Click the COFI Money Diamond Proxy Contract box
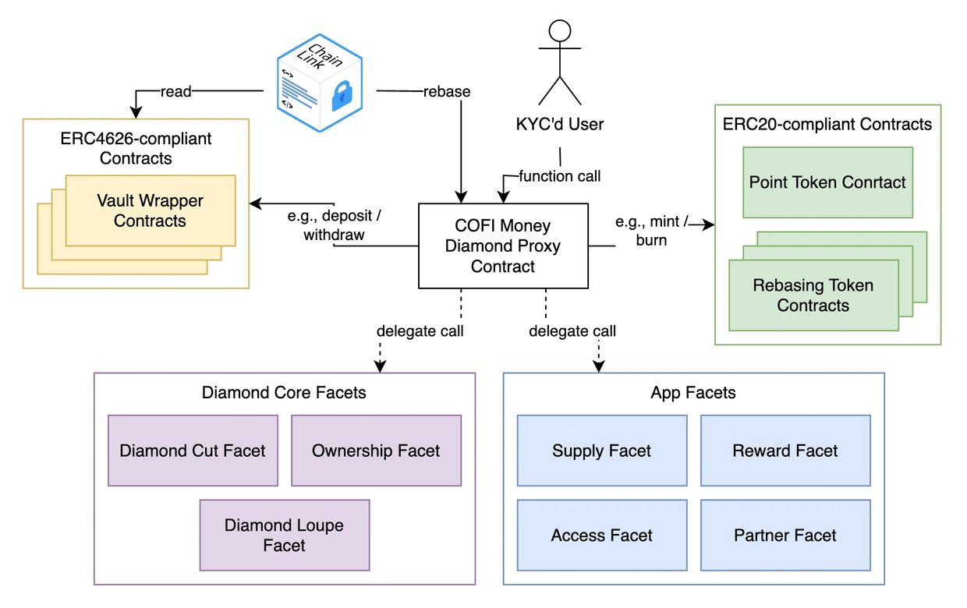[503, 246]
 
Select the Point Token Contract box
[827, 182]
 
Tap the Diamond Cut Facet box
[193, 451]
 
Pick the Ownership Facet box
[376, 451]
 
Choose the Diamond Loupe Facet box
[285, 535]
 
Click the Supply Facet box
[602, 451]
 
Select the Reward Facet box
[785, 451]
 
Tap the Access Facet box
[602, 536]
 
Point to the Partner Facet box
[785, 536]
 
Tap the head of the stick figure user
[560, 30]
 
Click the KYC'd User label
[560, 124]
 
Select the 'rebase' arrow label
[446, 91]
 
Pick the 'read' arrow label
[175, 91]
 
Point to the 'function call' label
[560, 176]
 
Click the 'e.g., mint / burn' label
[651, 232]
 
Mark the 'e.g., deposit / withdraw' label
[335, 224]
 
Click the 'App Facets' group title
[693, 392]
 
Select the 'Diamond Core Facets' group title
[284, 392]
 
